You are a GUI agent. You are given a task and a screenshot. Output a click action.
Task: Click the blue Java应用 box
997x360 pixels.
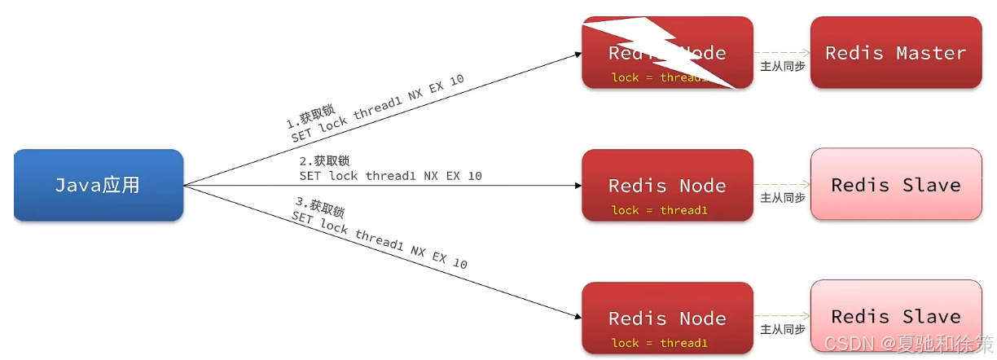tap(98, 185)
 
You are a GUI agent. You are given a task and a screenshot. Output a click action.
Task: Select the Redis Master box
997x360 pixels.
tap(895, 53)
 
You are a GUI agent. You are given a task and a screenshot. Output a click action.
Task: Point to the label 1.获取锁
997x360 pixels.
tap(310, 117)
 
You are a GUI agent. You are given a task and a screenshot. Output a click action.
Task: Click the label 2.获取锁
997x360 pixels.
tap(324, 161)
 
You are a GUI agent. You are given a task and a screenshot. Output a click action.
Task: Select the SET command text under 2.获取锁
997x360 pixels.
tap(390, 176)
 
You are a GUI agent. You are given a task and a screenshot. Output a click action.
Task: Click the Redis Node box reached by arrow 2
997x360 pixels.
tap(667, 185)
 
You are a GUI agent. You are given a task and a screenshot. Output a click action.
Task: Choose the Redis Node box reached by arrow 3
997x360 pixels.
tap(667, 318)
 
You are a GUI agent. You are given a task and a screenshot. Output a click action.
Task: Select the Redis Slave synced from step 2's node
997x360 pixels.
tap(895, 184)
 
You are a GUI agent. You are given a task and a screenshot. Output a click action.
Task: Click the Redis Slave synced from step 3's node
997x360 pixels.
tap(895, 316)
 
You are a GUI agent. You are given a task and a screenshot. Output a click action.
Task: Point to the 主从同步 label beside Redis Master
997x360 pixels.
tap(782, 66)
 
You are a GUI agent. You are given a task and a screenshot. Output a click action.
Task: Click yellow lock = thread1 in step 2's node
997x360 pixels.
tap(660, 210)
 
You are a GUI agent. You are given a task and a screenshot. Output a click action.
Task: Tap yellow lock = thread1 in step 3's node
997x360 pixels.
tap(660, 343)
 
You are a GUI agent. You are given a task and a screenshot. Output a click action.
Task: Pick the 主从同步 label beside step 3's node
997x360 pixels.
tap(782, 330)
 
